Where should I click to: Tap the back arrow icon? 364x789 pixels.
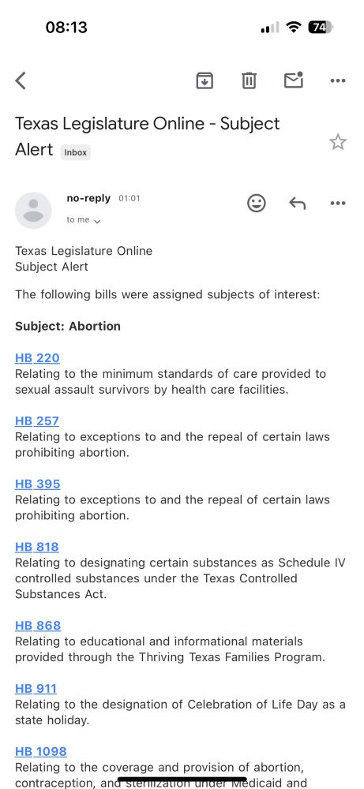tap(21, 80)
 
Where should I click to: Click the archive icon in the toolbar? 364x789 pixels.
tap(205, 80)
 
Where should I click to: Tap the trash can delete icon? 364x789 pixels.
tap(249, 80)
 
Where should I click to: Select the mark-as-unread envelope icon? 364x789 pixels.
tap(294, 80)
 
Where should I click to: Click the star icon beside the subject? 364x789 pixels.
tap(338, 142)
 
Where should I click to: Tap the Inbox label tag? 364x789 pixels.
tap(76, 152)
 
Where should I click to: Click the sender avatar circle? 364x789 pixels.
tap(34, 210)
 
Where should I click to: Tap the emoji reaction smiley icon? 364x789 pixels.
tap(257, 204)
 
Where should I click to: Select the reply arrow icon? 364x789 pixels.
tap(297, 204)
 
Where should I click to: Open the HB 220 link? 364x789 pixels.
tap(37, 358)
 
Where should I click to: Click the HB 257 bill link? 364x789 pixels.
tap(37, 421)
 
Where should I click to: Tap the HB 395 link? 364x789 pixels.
tap(37, 484)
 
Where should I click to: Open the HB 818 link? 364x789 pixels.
tap(37, 548)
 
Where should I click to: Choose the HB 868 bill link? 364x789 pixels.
tap(38, 626)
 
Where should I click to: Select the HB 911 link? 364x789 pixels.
tap(36, 689)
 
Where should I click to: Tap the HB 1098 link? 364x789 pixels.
tap(41, 752)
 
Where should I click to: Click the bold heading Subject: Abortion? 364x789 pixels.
tap(68, 326)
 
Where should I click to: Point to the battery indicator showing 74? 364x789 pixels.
tap(320, 27)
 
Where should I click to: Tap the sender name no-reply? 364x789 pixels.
tap(88, 199)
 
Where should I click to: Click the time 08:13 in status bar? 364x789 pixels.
tap(66, 27)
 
